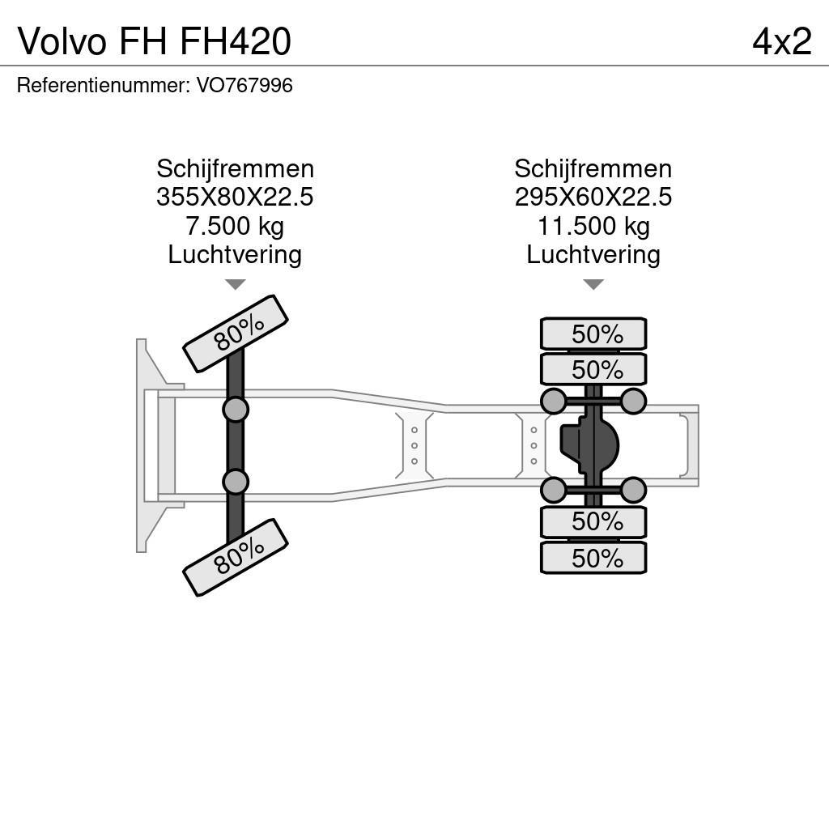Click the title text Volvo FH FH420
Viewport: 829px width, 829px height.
click(154, 42)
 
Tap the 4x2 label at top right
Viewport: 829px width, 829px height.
click(781, 42)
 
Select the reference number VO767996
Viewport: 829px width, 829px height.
click(244, 85)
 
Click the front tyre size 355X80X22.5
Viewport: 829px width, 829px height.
click(235, 198)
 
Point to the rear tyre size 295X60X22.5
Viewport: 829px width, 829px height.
click(593, 198)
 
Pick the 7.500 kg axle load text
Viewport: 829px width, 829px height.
click(235, 226)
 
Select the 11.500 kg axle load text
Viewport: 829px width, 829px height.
click(593, 226)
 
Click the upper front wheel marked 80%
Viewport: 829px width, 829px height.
click(236, 333)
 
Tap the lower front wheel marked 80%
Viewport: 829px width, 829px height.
click(236, 558)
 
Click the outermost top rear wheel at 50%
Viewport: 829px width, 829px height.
click(593, 334)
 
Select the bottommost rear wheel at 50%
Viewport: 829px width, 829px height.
click(593, 558)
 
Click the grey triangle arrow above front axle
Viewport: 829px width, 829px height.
click(235, 284)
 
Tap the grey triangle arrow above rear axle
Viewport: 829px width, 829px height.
click(593, 284)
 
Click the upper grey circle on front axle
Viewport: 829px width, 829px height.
click(236, 409)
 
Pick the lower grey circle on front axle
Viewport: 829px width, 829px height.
click(236, 482)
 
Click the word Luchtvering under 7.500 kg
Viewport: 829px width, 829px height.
click(235, 254)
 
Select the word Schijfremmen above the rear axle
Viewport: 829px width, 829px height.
click(593, 169)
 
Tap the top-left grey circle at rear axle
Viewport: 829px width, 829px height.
click(553, 401)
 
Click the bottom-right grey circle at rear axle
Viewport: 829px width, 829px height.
click(633, 490)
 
